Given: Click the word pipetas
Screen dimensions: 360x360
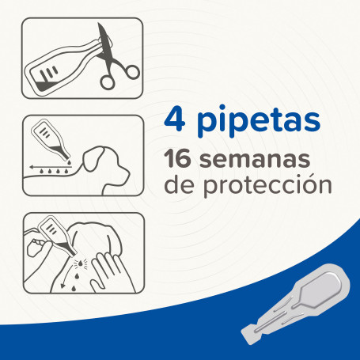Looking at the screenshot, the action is (x=259, y=121).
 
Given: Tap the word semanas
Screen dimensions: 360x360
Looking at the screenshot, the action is (x=255, y=161).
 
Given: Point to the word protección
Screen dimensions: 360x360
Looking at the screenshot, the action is (x=267, y=186).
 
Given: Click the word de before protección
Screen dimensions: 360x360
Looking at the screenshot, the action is (x=180, y=184).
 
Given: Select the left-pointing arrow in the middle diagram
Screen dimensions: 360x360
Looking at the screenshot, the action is (x=49, y=167).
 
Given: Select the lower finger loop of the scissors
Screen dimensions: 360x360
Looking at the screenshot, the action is (x=108, y=82).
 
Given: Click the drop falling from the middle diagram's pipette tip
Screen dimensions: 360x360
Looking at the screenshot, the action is (x=69, y=162).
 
